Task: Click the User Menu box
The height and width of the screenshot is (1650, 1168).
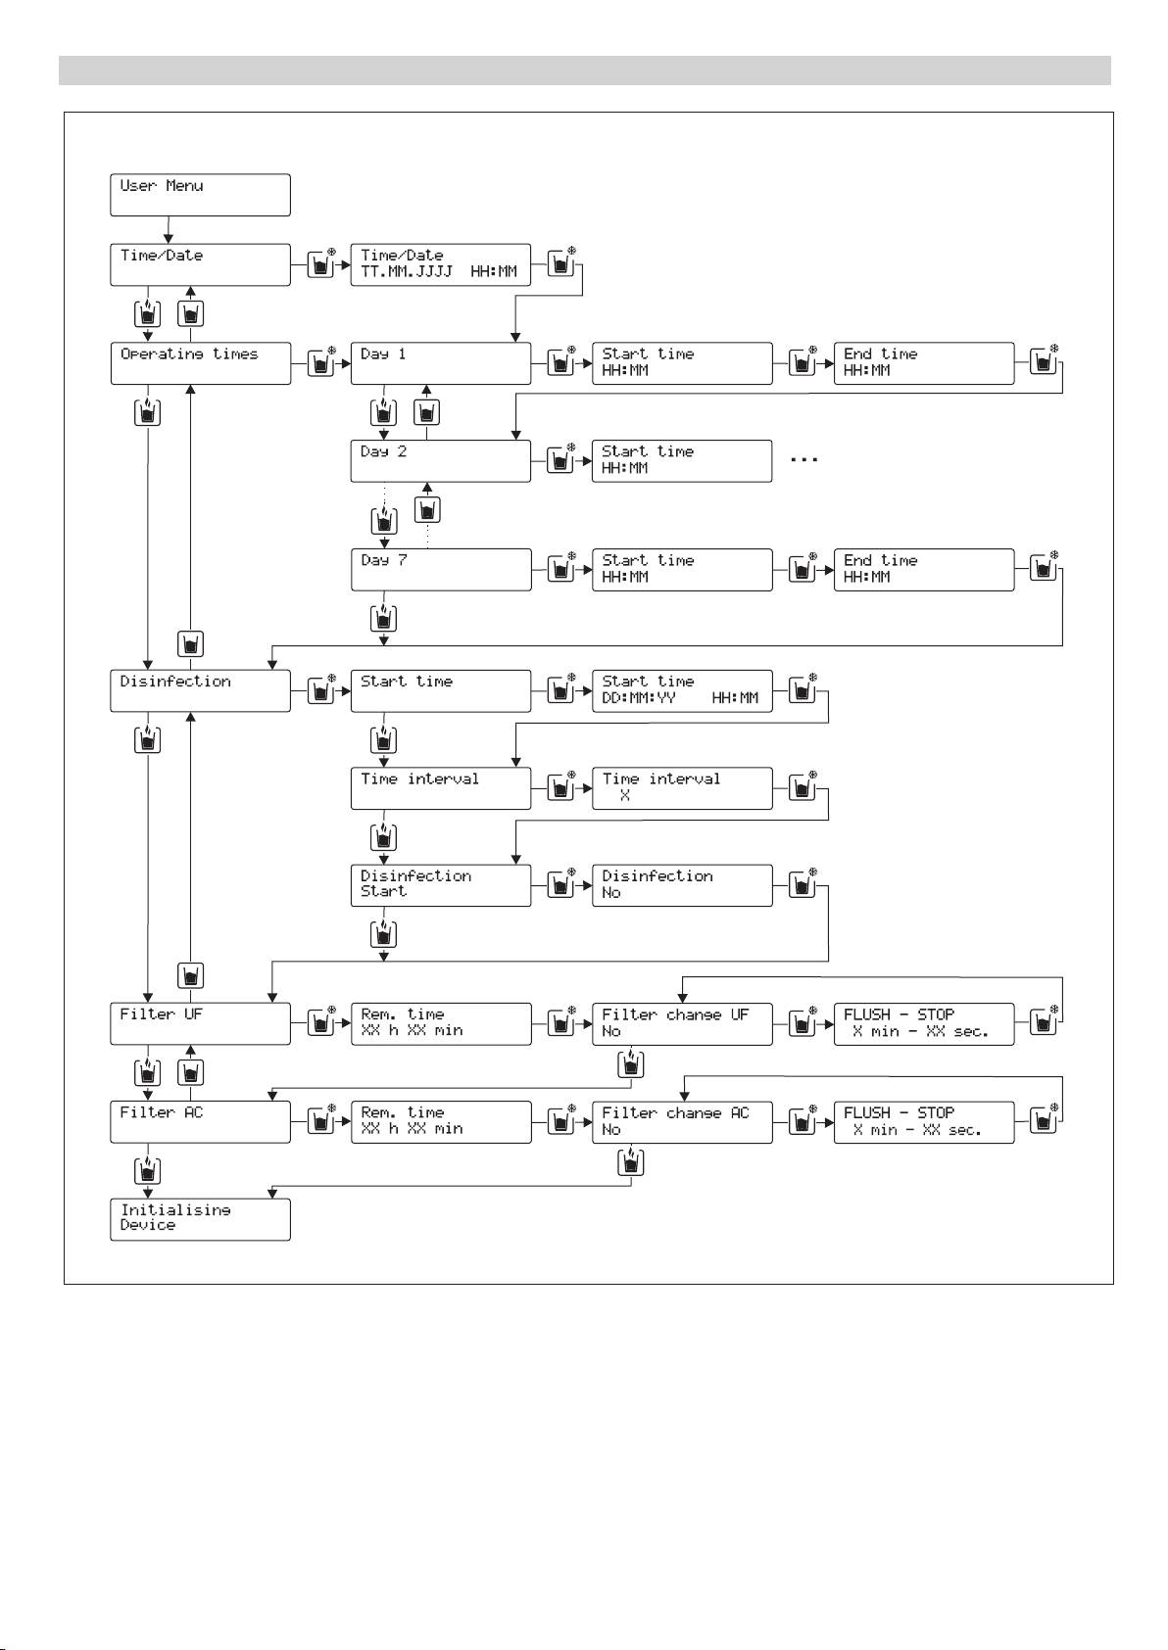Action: click(x=200, y=195)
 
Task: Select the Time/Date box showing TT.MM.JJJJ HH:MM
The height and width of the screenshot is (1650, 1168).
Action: click(x=440, y=264)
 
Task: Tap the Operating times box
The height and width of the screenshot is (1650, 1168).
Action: click(x=200, y=363)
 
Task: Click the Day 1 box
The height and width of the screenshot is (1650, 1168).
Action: click(x=440, y=363)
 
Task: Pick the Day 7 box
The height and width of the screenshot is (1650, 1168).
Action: click(x=440, y=570)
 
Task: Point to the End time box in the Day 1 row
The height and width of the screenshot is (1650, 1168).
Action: click(x=923, y=363)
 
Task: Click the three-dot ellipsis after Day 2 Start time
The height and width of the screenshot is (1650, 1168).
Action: click(x=803, y=459)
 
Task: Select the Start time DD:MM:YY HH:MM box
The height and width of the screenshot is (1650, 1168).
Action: click(x=681, y=690)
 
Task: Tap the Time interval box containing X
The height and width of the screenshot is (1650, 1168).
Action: click(x=681, y=788)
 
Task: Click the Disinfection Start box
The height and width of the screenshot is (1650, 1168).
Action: click(x=440, y=885)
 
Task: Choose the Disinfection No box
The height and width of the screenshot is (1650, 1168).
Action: click(x=681, y=885)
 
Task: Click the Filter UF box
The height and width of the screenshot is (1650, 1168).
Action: click(x=200, y=1023)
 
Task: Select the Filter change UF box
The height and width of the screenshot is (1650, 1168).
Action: click(x=681, y=1023)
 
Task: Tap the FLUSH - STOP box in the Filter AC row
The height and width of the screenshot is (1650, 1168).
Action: click(x=923, y=1122)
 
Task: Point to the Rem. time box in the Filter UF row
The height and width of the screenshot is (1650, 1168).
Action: click(x=440, y=1023)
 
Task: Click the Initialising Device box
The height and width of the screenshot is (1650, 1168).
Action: click(x=200, y=1219)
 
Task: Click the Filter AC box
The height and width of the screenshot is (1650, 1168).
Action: click(x=200, y=1122)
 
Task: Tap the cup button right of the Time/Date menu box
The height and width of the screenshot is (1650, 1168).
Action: click(x=320, y=264)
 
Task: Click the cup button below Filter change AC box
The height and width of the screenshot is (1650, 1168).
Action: click(x=631, y=1162)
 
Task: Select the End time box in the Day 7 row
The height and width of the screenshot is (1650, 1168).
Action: click(x=923, y=570)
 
